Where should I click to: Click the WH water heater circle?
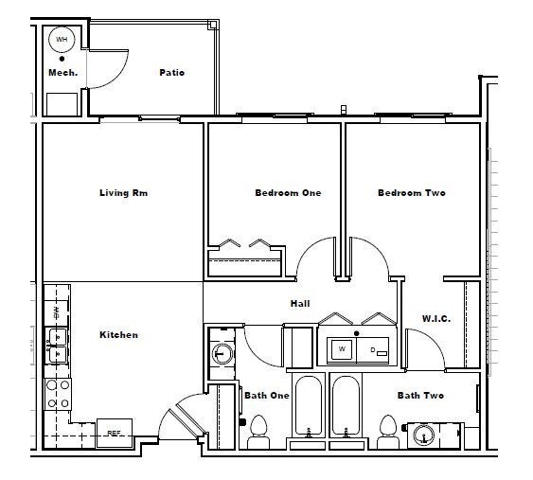click(62, 39)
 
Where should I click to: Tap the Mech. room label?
click(62, 72)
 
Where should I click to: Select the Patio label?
click(171, 72)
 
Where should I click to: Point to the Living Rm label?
click(123, 193)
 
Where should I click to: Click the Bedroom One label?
click(288, 193)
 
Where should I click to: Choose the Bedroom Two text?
click(411, 193)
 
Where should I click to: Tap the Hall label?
click(300, 304)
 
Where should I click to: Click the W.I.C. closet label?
click(435, 319)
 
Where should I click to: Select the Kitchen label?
click(118, 334)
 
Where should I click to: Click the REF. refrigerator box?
click(114, 433)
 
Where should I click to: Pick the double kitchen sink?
click(58, 344)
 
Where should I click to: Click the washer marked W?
click(341, 349)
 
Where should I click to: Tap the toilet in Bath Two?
click(386, 436)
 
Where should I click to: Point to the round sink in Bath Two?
click(423, 435)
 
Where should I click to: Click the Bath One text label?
click(266, 396)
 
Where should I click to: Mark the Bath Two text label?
click(420, 396)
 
